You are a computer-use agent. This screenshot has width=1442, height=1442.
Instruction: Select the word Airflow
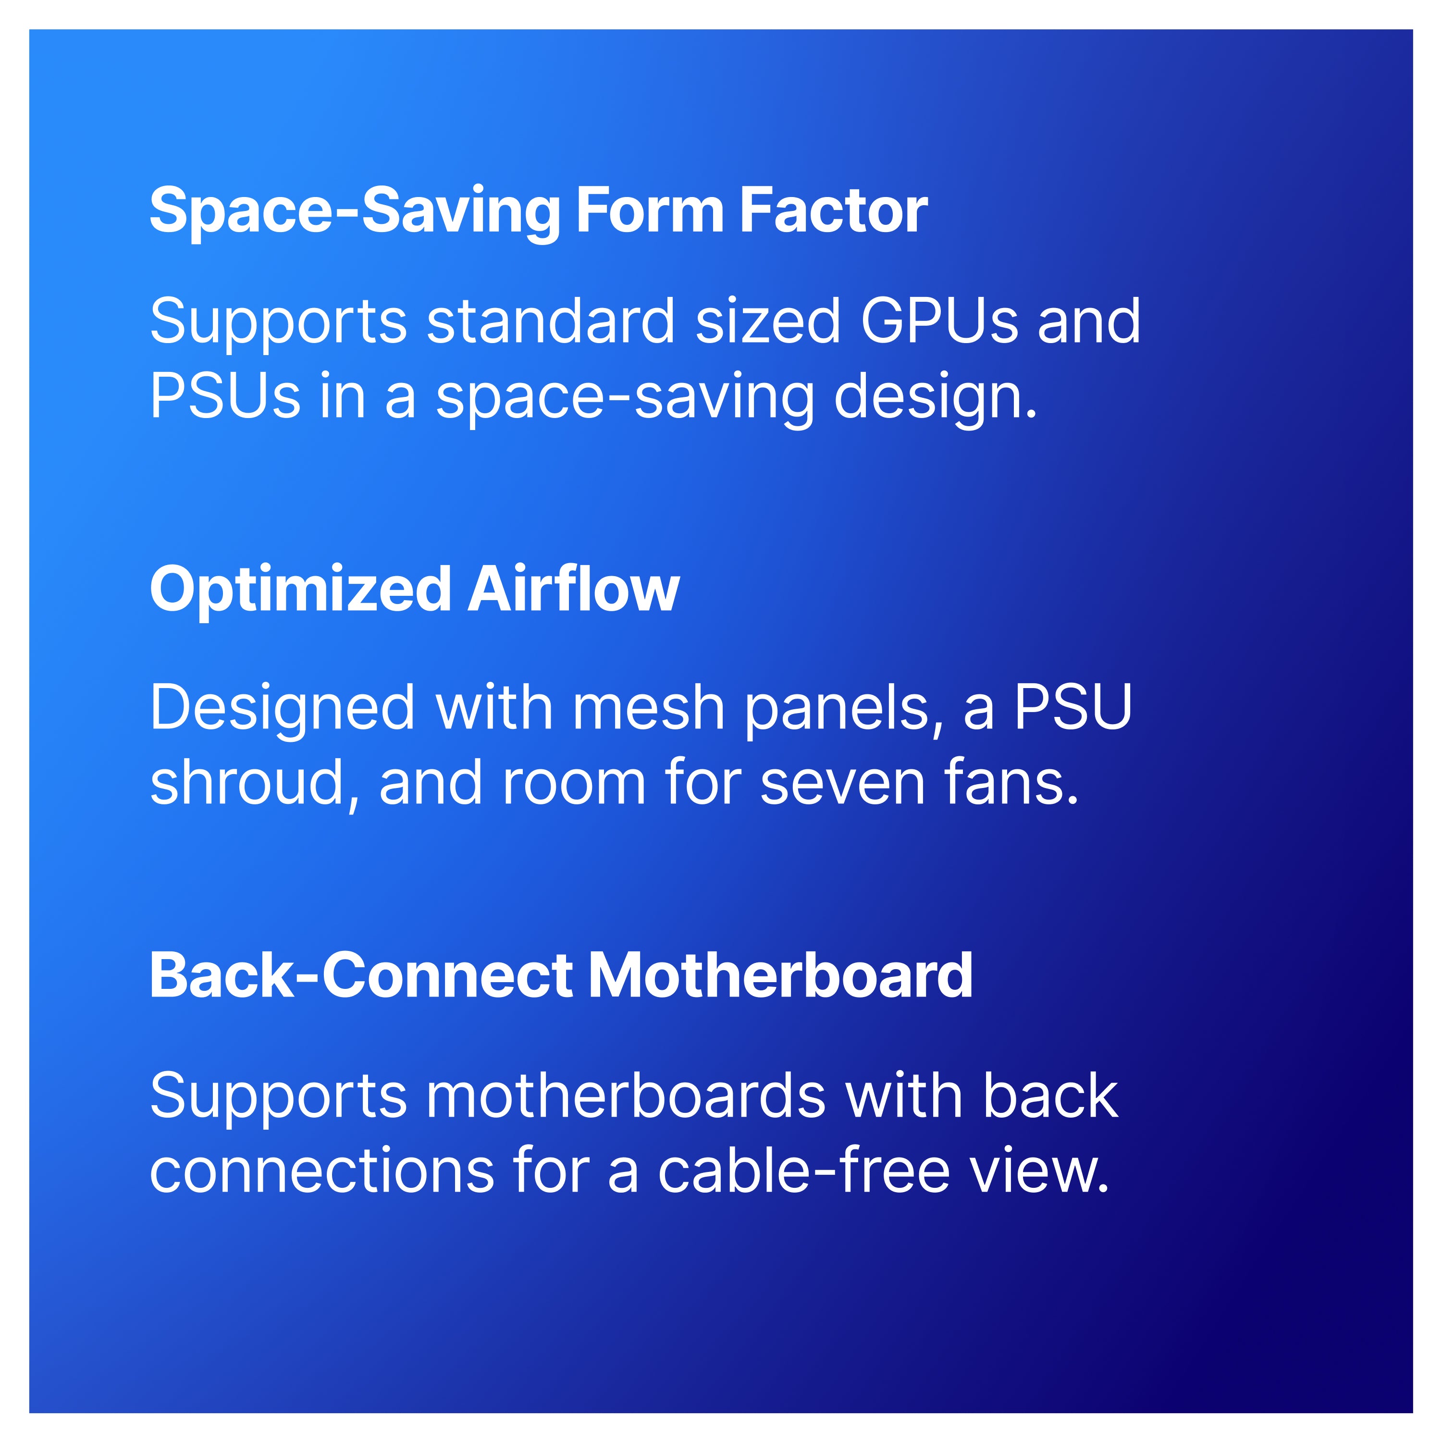click(x=574, y=589)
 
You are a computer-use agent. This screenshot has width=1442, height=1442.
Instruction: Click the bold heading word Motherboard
click(x=781, y=975)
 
